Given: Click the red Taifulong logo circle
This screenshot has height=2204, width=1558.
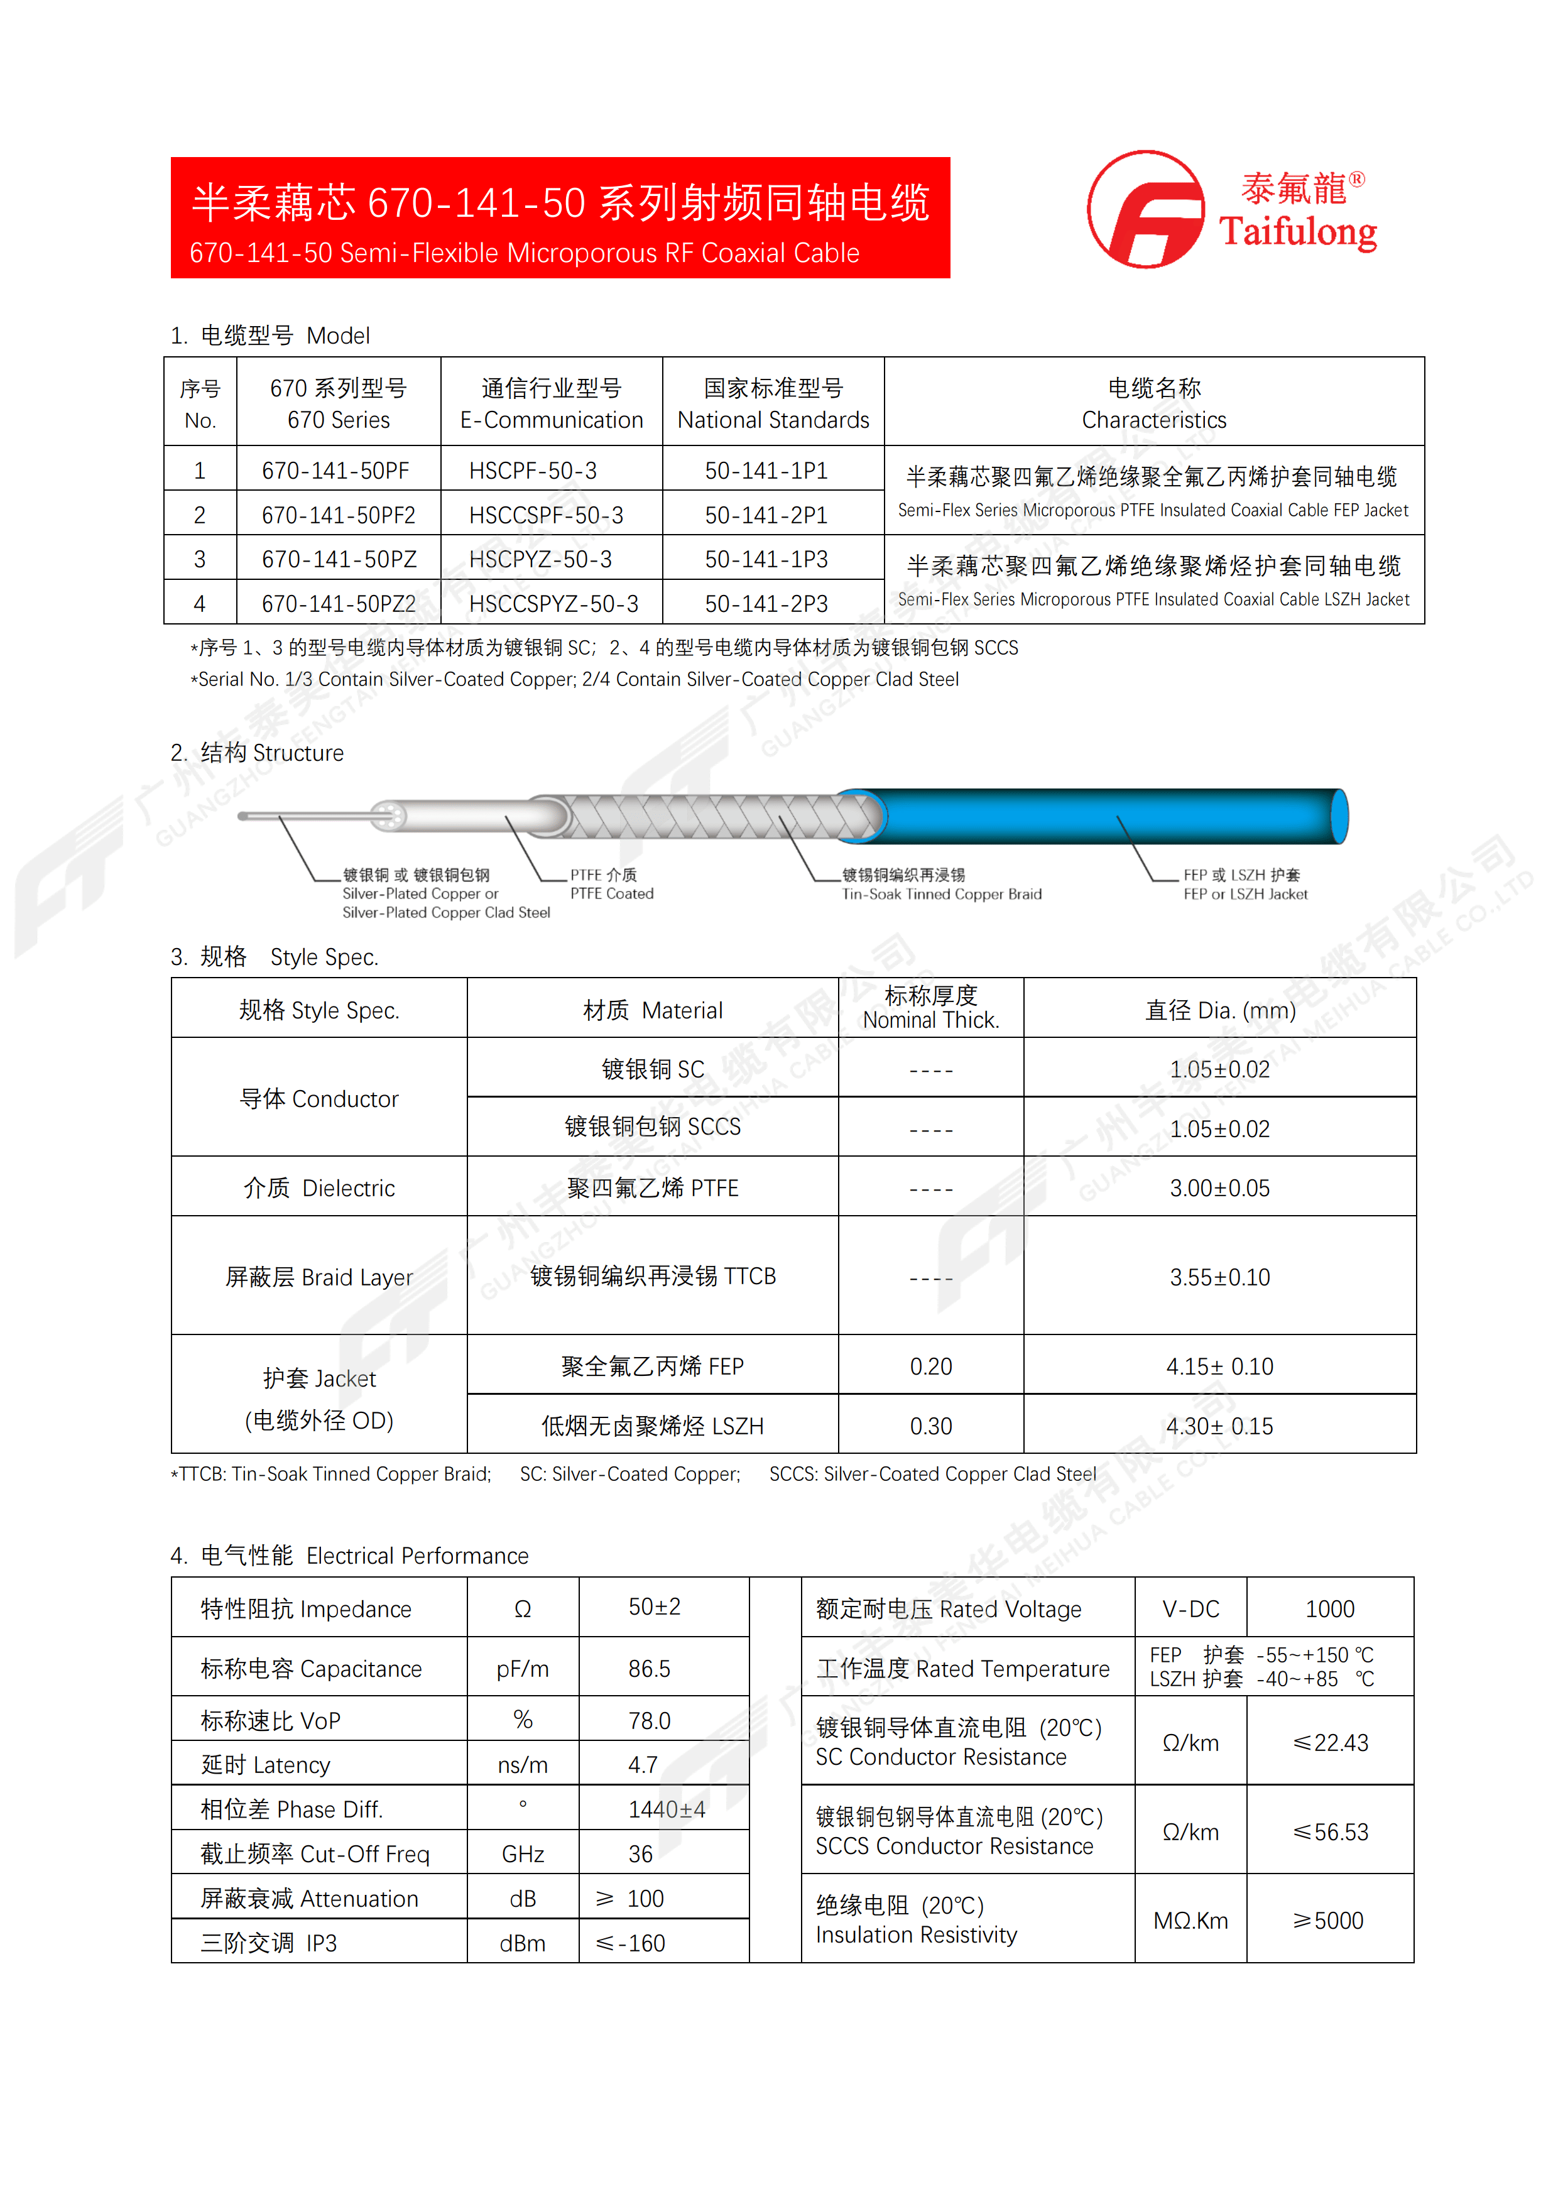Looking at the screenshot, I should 1145,209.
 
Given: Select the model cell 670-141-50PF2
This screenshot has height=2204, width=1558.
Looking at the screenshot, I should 338,515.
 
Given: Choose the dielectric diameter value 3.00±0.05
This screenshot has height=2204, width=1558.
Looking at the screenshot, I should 1219,1189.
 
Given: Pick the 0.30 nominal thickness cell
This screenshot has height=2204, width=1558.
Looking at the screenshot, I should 930,1426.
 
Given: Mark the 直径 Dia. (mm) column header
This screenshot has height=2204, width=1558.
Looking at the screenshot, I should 1219,1010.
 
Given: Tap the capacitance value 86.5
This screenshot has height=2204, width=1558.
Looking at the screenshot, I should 650,1669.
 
